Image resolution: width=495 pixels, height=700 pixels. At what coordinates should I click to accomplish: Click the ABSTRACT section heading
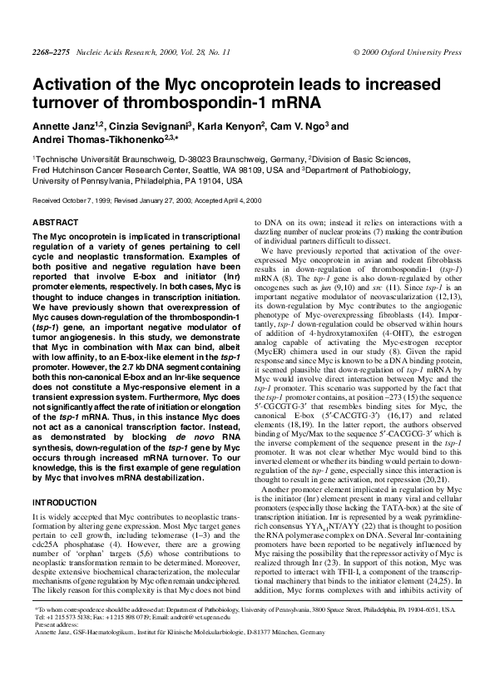(x=55, y=224)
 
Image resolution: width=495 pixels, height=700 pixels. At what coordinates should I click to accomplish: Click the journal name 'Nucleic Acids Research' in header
(x=106, y=52)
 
